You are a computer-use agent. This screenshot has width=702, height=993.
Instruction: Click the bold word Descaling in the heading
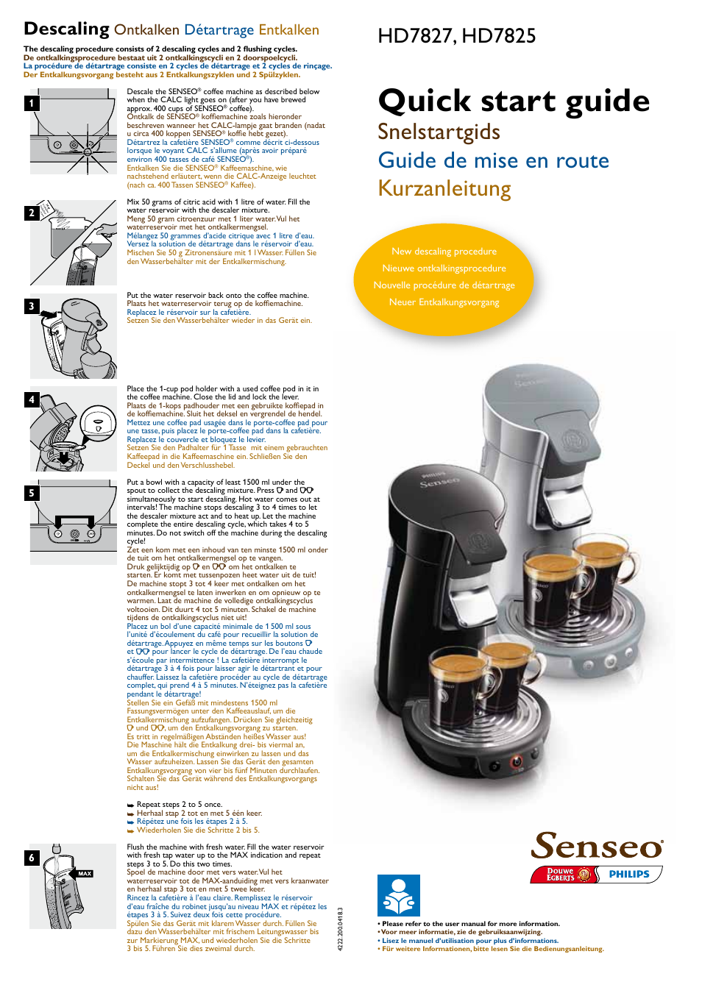66,29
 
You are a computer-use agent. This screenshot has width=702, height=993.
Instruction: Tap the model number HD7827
416,36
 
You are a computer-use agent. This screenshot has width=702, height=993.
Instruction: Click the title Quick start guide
513,101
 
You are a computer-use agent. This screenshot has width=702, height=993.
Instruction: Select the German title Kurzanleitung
444,188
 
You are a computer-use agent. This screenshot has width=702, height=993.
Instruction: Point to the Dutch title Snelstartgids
439,132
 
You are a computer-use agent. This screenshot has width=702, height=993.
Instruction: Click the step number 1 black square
32,103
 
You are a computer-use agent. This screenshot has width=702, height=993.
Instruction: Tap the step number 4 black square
32,399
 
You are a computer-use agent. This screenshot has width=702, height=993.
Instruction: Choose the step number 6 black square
32,858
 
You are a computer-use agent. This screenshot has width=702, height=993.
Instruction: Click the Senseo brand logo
597,846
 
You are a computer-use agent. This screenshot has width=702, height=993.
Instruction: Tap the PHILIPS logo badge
629,875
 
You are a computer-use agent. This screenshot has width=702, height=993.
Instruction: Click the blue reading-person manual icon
398,895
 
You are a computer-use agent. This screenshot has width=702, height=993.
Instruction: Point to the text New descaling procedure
444,252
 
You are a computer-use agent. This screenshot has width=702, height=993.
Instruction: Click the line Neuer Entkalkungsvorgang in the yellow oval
444,302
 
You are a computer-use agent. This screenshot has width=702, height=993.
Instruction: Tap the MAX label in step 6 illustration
85,874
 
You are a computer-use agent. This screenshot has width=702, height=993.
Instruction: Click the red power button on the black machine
516,761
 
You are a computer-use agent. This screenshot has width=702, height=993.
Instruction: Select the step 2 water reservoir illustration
74,243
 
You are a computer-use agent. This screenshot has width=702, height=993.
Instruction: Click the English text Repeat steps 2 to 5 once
179,805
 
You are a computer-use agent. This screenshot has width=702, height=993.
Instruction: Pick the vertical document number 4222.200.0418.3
341,929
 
